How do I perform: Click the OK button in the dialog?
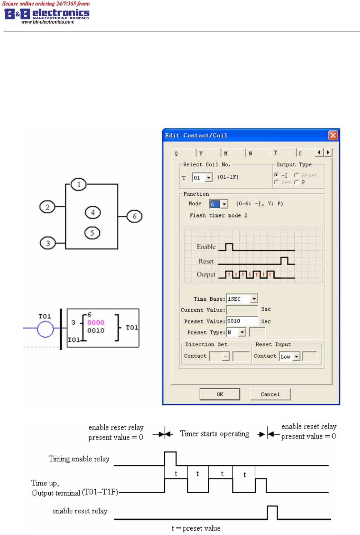tap(220, 394)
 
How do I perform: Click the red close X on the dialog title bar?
tap(333, 135)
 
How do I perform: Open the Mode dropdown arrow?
tap(224, 204)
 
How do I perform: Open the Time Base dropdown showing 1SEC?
tap(254, 299)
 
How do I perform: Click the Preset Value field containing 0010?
tap(242, 321)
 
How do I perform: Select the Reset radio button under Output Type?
tap(296, 175)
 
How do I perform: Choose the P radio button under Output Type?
tap(296, 182)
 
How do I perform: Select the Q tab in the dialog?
tap(176, 154)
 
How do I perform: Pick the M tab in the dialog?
tap(226, 154)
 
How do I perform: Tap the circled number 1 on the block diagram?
tap(79, 184)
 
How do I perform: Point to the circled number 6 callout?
tap(135, 216)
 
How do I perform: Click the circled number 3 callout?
tap(48, 243)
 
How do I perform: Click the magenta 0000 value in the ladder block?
tap(96, 322)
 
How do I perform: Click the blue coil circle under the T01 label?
tap(45, 329)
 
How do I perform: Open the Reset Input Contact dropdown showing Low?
tap(296, 356)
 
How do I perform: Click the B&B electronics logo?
tap(46, 14)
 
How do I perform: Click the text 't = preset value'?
tap(196, 528)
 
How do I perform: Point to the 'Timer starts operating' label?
tap(215, 434)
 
